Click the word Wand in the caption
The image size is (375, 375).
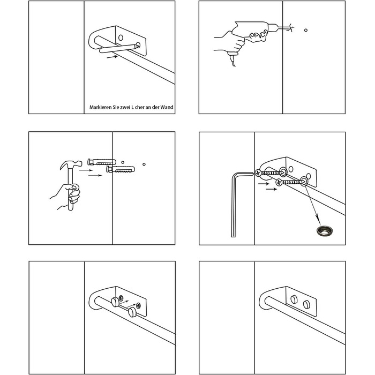click(x=167, y=107)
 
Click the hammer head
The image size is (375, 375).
click(x=71, y=165)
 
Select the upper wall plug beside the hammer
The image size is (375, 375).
click(x=102, y=162)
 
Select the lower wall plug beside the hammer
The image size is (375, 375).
click(x=121, y=170)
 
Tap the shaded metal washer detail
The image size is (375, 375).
click(x=325, y=230)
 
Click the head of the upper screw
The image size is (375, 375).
click(x=258, y=172)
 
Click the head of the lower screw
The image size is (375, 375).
click(x=279, y=183)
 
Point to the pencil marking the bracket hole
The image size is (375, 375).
click(x=119, y=48)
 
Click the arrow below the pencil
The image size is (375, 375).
click(x=112, y=57)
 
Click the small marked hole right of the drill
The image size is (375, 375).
click(x=306, y=30)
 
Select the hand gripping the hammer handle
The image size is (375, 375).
click(x=67, y=195)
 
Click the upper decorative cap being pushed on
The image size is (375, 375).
click(x=115, y=302)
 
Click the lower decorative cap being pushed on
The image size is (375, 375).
click(x=132, y=312)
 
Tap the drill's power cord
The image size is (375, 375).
click(x=232, y=61)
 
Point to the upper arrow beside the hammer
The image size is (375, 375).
click(x=86, y=170)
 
